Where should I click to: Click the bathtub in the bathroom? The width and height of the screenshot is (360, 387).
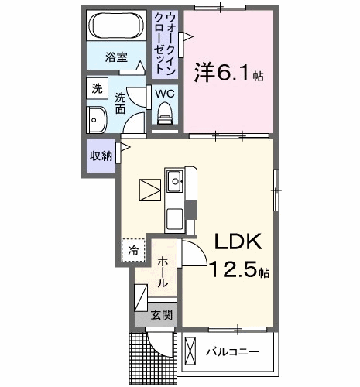click(116, 26)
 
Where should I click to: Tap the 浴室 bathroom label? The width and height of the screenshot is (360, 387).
click(116, 57)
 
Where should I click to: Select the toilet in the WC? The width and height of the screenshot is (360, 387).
click(165, 114)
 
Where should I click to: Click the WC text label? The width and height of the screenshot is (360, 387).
click(165, 94)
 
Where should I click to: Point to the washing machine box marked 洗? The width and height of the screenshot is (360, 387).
click(97, 88)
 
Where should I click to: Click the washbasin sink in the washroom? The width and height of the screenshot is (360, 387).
click(97, 120)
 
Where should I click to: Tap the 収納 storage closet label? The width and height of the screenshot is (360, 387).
click(101, 156)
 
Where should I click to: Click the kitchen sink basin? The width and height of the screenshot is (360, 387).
click(175, 181)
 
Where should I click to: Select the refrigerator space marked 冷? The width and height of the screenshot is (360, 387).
click(133, 250)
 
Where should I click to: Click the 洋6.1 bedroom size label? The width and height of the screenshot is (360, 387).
click(229, 73)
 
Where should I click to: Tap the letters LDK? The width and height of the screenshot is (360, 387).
click(238, 241)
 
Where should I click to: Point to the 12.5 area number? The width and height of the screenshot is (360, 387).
click(235, 269)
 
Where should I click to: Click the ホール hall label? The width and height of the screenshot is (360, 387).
click(163, 272)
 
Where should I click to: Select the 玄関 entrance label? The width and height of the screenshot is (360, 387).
click(162, 315)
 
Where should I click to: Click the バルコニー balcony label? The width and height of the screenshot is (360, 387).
click(232, 352)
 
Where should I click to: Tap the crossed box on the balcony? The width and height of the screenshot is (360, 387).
click(190, 351)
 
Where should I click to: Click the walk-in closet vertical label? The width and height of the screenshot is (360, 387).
click(165, 43)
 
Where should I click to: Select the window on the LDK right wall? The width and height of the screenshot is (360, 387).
click(276, 190)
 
